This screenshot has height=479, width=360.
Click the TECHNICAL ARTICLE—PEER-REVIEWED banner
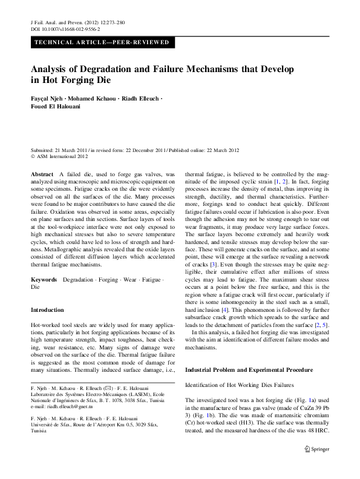(103, 43)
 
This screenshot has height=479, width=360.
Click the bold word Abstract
(41, 173)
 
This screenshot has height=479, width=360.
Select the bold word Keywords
(44, 280)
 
